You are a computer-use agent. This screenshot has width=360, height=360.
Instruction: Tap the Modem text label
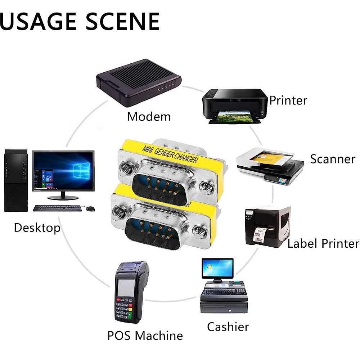click(149, 117)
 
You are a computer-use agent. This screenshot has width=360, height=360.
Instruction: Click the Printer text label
click(288, 100)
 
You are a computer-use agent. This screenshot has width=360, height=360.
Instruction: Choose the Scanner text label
click(333, 159)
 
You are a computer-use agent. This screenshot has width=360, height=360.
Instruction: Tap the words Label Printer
click(323, 244)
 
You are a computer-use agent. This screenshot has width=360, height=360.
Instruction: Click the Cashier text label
click(228, 327)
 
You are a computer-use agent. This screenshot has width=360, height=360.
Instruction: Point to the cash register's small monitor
click(217, 269)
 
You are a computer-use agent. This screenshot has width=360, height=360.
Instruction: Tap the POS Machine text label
click(145, 336)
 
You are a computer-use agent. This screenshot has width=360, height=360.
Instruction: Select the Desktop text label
click(37, 228)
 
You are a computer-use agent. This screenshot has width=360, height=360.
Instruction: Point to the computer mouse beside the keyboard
click(90, 209)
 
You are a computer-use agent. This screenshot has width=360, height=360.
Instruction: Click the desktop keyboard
click(57, 208)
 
